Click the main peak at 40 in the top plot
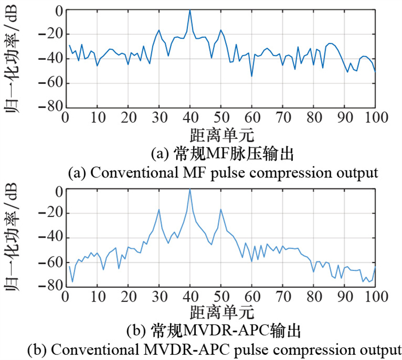pyautogui.click(x=190, y=11)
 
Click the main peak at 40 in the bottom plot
pyautogui.click(x=190, y=189)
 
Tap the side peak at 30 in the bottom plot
pyautogui.click(x=159, y=210)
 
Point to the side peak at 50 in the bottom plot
pyautogui.click(x=221, y=210)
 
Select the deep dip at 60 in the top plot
pyautogui.click(x=252, y=76)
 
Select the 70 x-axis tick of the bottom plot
pyautogui.click(x=283, y=296)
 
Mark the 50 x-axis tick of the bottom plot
pyautogui.click(x=221, y=296)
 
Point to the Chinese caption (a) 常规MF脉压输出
pyautogui.click(x=222, y=155)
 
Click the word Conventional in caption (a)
pyautogui.click(x=119, y=173)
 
